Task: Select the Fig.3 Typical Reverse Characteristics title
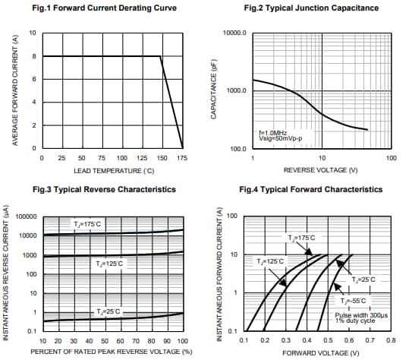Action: click(x=105, y=189)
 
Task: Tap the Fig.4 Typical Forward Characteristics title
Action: click(x=310, y=189)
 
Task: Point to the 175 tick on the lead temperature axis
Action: click(x=182, y=158)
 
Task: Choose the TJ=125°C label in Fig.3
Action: click(x=109, y=264)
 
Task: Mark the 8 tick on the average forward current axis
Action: click(x=33, y=56)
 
